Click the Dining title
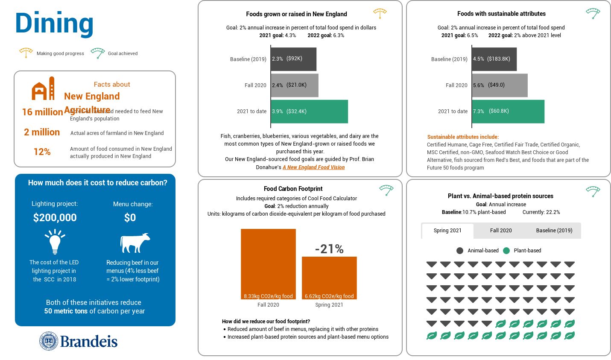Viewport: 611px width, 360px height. [x=54, y=23]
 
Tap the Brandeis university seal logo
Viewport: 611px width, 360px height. [x=49, y=341]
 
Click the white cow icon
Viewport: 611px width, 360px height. [x=134, y=243]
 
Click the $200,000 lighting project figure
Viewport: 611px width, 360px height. [x=55, y=218]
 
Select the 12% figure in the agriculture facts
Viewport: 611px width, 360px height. [x=42, y=152]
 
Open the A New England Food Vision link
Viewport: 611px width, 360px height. [x=313, y=167]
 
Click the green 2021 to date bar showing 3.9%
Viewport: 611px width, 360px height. [x=309, y=111]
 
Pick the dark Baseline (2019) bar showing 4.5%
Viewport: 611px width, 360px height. [x=494, y=59]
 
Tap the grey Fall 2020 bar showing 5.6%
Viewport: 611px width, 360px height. [x=500, y=85]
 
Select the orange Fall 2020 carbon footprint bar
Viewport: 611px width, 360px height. [x=268, y=263]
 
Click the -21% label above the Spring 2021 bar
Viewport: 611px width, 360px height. [x=329, y=249]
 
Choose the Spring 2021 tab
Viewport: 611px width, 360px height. [x=447, y=231]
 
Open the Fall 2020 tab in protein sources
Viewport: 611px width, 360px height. [x=501, y=231]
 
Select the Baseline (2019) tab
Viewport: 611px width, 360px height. [x=554, y=231]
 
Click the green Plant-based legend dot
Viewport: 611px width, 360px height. [x=506, y=251]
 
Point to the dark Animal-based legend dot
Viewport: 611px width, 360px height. [x=460, y=251]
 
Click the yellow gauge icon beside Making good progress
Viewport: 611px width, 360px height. [x=26, y=53]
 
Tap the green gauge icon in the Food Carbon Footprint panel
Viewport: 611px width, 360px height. [x=386, y=190]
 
